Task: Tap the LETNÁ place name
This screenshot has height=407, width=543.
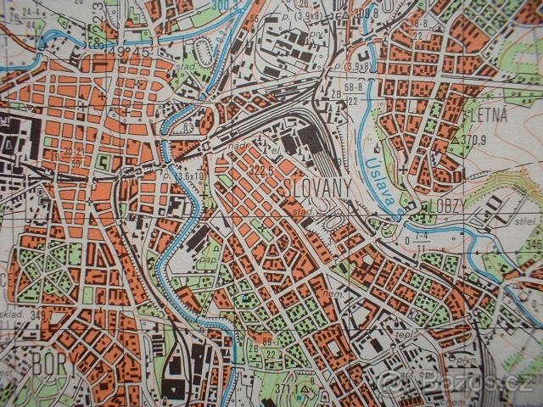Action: [x=486, y=115]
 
